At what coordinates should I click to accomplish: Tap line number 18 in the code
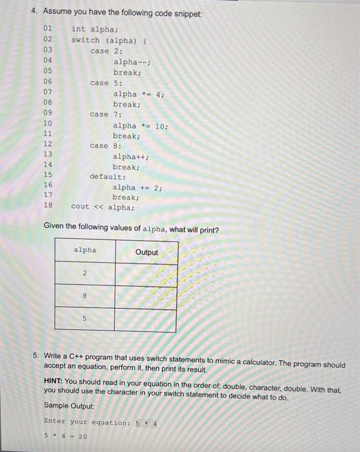tap(48, 206)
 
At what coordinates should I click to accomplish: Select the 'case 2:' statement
tap(106, 50)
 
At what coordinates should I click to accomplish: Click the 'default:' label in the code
tap(108, 176)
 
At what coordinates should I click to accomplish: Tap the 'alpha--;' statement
tap(132, 61)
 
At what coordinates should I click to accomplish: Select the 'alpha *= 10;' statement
tap(140, 125)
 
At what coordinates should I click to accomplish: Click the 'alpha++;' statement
tap(131, 156)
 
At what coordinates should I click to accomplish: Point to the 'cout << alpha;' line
tap(103, 207)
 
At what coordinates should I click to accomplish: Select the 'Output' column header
tap(146, 252)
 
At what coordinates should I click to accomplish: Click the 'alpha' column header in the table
tap(85, 250)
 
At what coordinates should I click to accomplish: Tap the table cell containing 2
tap(85, 273)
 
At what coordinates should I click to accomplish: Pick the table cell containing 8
tap(85, 296)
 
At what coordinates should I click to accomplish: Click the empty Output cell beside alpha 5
tap(145, 320)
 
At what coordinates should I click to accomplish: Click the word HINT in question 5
tap(54, 381)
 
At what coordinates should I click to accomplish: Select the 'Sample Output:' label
tap(69, 406)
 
